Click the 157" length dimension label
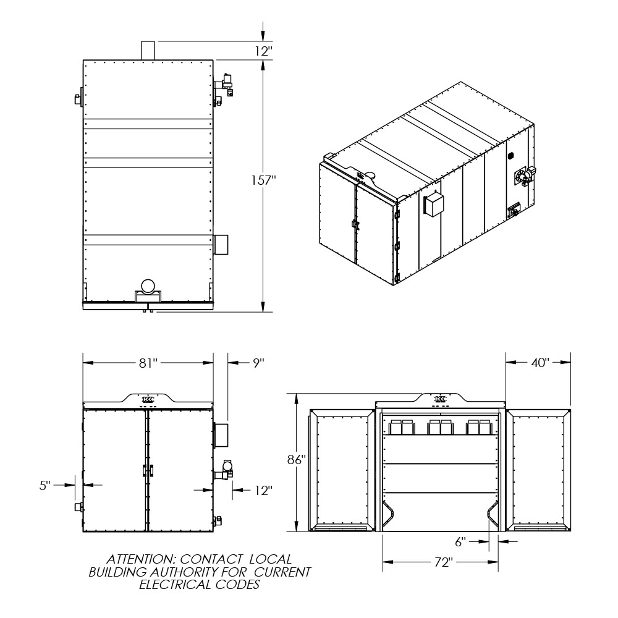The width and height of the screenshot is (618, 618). (x=264, y=180)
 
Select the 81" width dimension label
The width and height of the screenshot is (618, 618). (x=148, y=363)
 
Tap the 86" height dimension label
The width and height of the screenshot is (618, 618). (x=297, y=460)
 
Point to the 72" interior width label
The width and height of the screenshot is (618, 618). (x=442, y=562)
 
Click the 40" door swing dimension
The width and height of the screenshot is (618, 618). (x=540, y=363)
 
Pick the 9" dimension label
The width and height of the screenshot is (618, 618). (x=258, y=363)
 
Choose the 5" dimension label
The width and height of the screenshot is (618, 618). (x=45, y=486)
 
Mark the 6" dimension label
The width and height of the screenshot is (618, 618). (x=460, y=542)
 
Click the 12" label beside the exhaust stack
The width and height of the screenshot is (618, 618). (x=264, y=51)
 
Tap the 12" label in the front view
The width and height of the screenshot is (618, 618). (x=264, y=490)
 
